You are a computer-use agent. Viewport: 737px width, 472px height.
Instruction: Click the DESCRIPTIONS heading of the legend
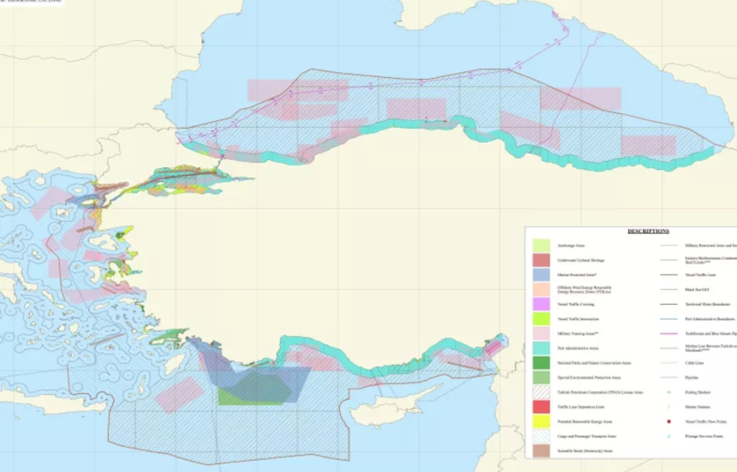648,231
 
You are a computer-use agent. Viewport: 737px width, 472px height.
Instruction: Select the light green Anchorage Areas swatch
541,245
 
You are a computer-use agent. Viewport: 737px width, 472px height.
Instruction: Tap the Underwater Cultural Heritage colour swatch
541,260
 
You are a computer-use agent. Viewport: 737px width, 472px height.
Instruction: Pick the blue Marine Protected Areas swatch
541,275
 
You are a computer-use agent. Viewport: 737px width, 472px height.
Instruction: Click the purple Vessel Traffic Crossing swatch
541,304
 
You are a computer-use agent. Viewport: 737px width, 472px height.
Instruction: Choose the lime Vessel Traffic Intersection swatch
541,319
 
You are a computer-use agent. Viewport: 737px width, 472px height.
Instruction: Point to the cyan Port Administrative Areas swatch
541,348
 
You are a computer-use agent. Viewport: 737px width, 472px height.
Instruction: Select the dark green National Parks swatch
541,362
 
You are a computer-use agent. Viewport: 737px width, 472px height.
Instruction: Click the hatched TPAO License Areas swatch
541,393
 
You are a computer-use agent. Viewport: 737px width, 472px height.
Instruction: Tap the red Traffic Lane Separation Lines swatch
541,406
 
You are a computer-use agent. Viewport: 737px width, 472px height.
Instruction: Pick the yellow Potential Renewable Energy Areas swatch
541,421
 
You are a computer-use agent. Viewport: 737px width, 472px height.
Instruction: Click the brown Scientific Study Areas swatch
541,450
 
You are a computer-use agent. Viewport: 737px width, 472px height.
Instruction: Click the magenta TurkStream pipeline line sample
669,334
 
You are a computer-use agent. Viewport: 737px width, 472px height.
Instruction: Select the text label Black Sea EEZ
696,289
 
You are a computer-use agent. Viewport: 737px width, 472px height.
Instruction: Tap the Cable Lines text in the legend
694,363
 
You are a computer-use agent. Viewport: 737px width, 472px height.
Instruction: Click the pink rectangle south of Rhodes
179,394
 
